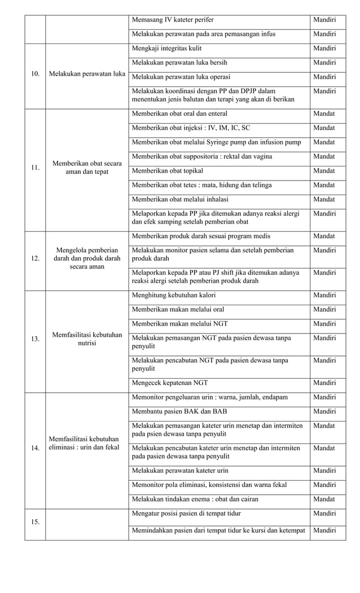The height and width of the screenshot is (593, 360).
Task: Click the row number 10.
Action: [x=35, y=74]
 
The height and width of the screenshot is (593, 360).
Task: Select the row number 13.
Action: [x=35, y=339]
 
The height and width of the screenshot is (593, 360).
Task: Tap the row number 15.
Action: [x=35, y=522]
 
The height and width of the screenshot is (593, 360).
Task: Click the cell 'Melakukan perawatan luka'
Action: [x=87, y=74]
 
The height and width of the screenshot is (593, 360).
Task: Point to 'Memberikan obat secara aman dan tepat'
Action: [x=87, y=168]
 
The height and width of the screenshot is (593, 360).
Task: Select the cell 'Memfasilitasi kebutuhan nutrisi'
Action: [x=87, y=339]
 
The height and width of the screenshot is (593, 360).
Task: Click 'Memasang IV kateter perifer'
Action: [x=173, y=20]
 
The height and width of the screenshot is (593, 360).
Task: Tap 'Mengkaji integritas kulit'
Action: [x=166, y=49]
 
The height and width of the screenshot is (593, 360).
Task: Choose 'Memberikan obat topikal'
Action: [x=168, y=170]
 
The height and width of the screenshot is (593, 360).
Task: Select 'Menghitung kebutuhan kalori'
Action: [x=173, y=295]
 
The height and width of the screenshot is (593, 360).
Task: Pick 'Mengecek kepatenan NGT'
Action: [x=169, y=383]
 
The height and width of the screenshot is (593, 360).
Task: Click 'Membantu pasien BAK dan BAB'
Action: [x=179, y=411]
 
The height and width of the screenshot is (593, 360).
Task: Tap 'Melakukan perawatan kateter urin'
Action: [x=180, y=471]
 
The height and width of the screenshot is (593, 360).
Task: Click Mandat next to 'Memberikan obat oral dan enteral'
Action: [x=324, y=113]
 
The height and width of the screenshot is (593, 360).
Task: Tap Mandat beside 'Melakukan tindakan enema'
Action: [x=324, y=499]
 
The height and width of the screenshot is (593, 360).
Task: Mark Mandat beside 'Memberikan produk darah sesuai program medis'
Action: [x=324, y=236]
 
